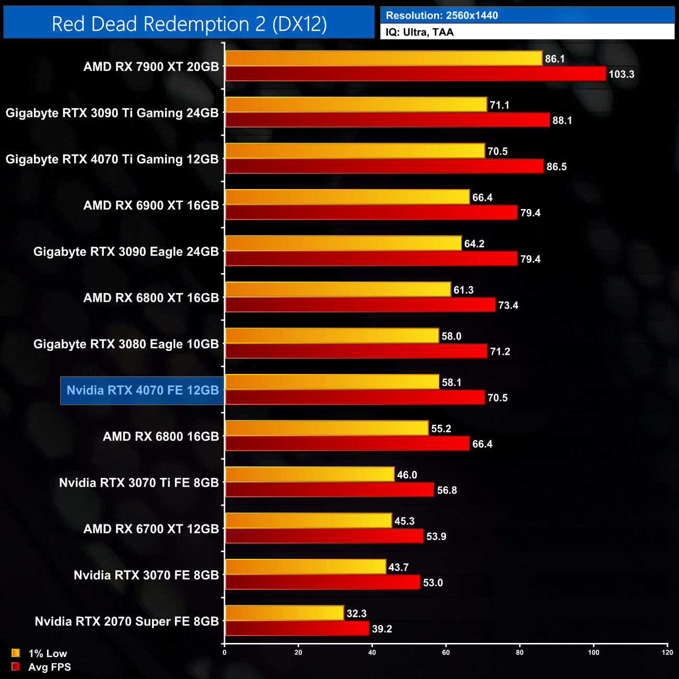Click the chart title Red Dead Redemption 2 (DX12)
coord(189,24)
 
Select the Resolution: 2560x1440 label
coord(441,16)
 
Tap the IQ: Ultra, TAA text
coord(419,32)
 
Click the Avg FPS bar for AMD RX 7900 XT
coord(415,74)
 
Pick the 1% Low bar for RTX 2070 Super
coord(284,613)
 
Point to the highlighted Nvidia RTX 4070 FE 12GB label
coord(143,390)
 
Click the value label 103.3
coord(621,74)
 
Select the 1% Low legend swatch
coord(16,653)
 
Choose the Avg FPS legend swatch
coord(16,666)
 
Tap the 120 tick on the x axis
coord(667,652)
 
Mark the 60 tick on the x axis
coord(446,652)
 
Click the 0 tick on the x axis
coord(225,652)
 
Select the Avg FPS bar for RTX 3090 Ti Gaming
coord(387,120)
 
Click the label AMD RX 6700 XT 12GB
coord(151,529)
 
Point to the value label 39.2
coord(382,629)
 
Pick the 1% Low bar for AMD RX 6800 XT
coord(338,289)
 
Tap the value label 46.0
coord(407,475)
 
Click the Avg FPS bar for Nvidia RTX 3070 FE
coord(322,582)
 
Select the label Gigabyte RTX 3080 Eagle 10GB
coord(126,344)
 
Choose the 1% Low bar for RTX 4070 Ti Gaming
coord(355,151)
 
